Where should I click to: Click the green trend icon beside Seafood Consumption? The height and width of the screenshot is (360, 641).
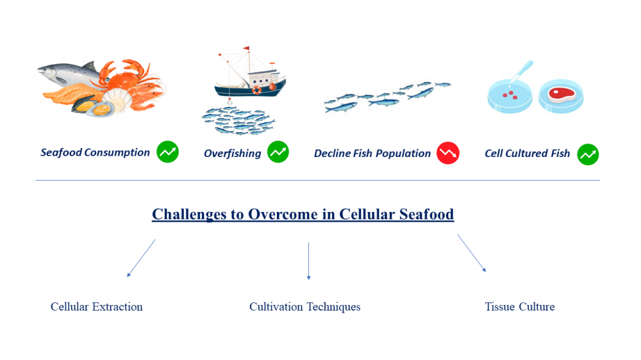pos(167,152)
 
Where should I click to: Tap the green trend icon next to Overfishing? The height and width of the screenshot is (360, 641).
pos(278,152)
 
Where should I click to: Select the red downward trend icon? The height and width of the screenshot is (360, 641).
pos(447,153)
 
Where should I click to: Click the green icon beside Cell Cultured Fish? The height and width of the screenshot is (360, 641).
pos(588,154)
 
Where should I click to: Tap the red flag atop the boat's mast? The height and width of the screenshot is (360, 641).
pos(246,48)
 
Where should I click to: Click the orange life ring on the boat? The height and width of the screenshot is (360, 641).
pos(256,90)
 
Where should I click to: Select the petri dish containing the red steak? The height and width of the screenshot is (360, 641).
pos(561,95)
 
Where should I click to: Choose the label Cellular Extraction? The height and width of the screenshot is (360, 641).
pos(97,306)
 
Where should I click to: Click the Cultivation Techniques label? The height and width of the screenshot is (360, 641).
pos(305,307)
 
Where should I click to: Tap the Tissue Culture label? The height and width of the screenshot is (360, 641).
pos(520,306)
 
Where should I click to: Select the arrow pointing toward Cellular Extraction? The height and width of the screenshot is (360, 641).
pos(141,258)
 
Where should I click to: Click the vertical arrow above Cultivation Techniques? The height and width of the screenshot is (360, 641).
pos(309,261)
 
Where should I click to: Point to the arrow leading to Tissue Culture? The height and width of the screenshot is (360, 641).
pos(472,253)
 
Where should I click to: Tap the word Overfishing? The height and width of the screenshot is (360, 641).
pos(232,153)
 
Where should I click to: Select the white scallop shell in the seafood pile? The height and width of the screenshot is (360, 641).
pos(117,100)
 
